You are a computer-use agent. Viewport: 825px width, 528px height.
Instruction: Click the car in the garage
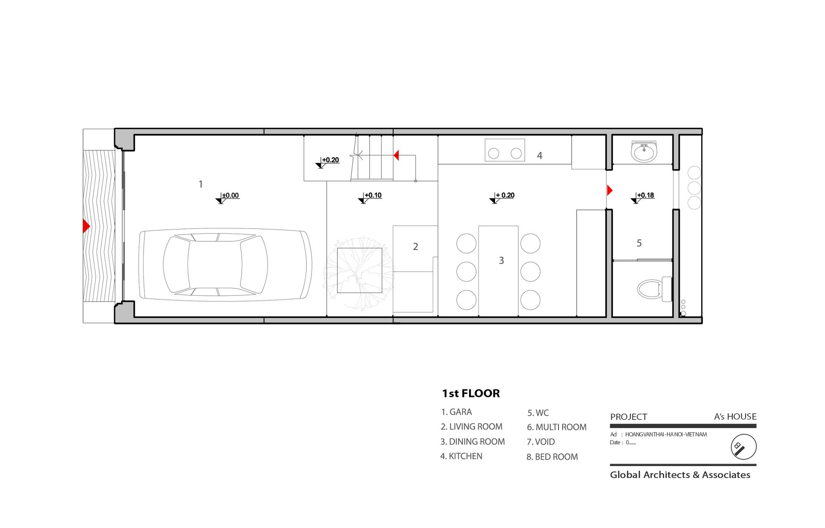point(225,264)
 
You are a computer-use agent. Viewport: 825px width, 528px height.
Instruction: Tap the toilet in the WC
point(654,289)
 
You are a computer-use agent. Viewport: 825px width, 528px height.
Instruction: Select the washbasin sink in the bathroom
point(643,151)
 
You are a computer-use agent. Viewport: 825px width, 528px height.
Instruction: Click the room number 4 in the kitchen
point(540,156)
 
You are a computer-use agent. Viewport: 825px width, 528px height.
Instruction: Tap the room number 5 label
point(639,243)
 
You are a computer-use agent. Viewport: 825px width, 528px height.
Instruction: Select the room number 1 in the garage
point(201,184)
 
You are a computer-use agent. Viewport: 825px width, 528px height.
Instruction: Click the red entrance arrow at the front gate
point(86,226)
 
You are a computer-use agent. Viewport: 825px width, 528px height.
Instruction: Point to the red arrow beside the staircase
point(396,155)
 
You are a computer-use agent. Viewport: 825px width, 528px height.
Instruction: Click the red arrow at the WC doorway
point(610,190)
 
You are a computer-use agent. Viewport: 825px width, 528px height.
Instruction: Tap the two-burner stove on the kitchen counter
point(505,150)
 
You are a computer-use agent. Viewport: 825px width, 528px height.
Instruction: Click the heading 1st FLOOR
point(471,394)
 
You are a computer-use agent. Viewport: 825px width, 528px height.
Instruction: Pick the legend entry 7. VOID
point(541,442)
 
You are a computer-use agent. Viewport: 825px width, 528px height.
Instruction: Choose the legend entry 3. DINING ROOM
point(473,441)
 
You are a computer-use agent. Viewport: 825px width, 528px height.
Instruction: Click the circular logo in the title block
point(743,447)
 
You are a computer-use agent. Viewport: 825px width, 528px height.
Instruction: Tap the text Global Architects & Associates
point(680,475)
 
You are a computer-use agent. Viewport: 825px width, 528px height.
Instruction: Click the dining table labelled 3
point(498,271)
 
